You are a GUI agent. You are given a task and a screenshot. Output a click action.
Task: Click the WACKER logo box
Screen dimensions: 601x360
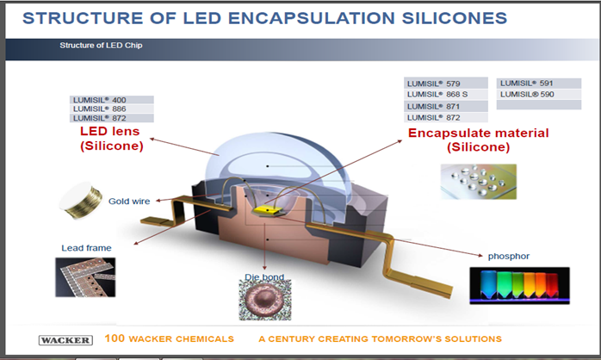65,340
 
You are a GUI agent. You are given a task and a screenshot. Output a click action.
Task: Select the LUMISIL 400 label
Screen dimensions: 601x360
100,100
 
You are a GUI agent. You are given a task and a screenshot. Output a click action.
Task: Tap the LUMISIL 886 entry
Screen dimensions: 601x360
100,109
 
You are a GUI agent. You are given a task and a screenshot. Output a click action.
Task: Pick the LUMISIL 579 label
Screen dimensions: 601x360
433,84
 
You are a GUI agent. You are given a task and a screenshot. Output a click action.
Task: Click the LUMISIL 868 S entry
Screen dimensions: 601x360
437,95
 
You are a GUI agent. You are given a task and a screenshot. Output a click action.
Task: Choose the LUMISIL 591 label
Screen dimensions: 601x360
527,84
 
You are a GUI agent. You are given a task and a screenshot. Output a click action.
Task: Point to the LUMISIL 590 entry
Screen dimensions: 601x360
527,95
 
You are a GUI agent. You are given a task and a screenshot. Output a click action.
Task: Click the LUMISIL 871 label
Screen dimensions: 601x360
433,107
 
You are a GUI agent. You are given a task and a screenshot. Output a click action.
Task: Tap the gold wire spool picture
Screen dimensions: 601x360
81,201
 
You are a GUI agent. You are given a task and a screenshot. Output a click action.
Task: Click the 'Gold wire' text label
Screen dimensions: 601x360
129,202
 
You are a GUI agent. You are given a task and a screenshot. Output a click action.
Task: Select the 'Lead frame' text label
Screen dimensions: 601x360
86,248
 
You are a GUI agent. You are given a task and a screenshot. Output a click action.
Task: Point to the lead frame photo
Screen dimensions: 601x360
85,277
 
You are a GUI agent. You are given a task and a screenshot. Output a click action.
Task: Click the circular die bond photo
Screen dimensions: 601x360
265,301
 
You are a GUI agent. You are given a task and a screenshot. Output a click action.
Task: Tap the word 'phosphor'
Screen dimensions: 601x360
509,256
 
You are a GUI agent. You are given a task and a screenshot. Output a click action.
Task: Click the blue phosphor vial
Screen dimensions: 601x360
488,285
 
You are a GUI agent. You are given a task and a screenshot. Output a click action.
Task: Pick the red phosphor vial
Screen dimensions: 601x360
552,286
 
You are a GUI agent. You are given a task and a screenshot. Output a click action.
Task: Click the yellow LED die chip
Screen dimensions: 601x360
268,209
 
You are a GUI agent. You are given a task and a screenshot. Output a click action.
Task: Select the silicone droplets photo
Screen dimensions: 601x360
479,182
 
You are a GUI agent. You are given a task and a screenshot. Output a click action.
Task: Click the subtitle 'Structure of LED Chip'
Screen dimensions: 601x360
101,46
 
